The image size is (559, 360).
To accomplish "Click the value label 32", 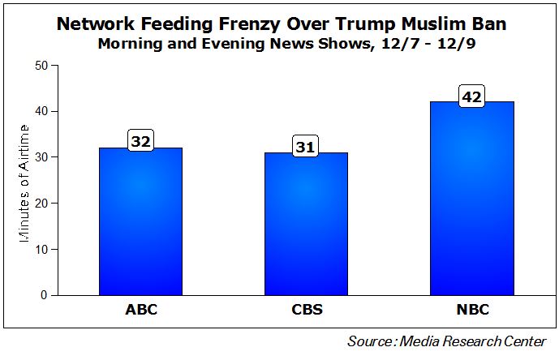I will [x=141, y=141].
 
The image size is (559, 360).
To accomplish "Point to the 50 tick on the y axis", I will [x=41, y=65].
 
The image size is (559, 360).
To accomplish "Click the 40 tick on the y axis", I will [x=41, y=111].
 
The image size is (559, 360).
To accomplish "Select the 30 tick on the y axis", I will [x=41, y=157].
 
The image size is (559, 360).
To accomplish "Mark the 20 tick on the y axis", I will [x=41, y=204].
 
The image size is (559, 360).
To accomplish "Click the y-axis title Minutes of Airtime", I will [x=24, y=180].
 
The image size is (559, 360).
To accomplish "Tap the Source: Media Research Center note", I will [x=447, y=341].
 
